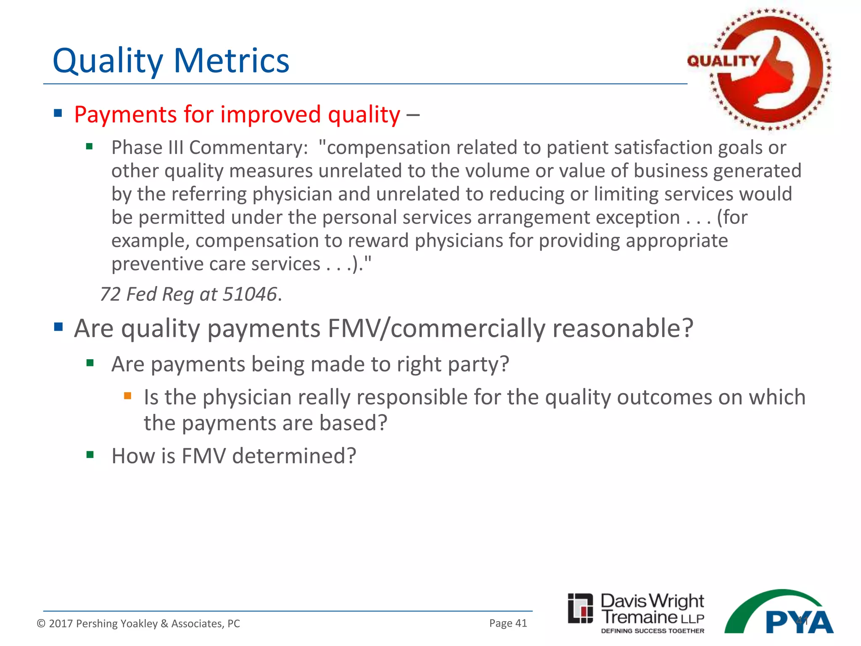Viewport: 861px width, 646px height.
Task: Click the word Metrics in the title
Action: click(x=231, y=61)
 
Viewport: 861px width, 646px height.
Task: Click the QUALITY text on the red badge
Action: click(x=723, y=61)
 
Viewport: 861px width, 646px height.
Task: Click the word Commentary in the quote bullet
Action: click(x=248, y=148)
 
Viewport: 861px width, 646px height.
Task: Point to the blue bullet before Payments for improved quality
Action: click(x=58, y=113)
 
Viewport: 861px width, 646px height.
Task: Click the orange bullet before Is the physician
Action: click(x=128, y=396)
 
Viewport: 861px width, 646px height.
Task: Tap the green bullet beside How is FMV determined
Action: click(x=90, y=455)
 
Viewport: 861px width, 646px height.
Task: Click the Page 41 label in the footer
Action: click(x=508, y=623)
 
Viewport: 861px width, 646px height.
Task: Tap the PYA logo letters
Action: click(x=799, y=622)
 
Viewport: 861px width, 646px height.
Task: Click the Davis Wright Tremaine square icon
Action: click(x=580, y=609)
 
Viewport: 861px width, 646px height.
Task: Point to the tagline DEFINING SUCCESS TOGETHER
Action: click(x=652, y=631)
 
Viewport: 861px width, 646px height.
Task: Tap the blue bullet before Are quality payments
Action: click(x=58, y=327)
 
